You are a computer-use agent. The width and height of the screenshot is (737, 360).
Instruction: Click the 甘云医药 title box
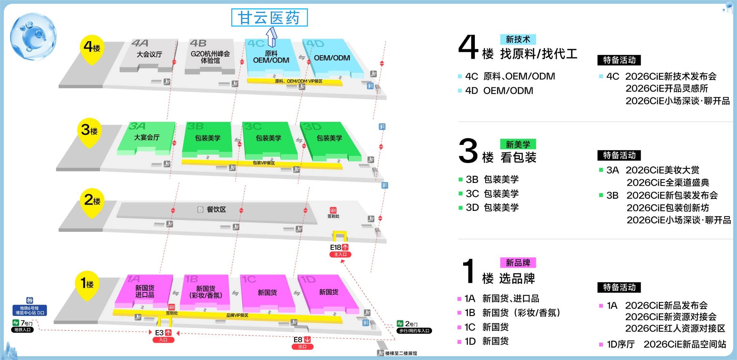[269, 18]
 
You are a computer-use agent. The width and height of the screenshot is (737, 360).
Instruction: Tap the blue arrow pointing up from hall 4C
[271, 37]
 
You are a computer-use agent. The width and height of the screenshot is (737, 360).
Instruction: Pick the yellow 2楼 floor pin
[92, 201]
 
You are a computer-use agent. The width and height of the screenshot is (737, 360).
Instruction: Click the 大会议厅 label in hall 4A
[149, 54]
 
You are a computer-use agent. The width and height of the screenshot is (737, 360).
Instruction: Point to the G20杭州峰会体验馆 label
[210, 57]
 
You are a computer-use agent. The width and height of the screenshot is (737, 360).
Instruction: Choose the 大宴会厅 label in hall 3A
[147, 137]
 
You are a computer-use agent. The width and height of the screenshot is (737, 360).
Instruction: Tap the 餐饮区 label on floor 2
[216, 209]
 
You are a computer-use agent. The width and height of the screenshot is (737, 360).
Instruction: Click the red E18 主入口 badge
[340, 251]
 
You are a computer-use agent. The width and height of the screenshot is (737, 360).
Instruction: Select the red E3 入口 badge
[163, 336]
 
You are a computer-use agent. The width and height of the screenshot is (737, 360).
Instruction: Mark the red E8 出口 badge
[302, 343]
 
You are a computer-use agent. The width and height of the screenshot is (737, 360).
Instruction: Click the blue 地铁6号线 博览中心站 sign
[30, 310]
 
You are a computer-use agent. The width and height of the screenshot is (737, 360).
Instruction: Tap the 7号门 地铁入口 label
[22, 326]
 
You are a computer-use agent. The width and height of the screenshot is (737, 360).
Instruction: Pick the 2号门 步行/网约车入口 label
[414, 327]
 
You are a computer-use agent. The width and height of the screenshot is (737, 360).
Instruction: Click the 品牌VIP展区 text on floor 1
[237, 315]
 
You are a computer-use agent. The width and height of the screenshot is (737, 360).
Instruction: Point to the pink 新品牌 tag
[518, 263]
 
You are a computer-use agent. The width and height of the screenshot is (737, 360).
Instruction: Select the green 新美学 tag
[518, 144]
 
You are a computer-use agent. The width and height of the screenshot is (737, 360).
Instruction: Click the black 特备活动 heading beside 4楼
[619, 60]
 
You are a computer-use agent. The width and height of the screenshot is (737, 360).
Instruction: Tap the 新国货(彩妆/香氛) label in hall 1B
[206, 292]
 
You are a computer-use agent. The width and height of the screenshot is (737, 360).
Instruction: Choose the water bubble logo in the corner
[34, 36]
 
